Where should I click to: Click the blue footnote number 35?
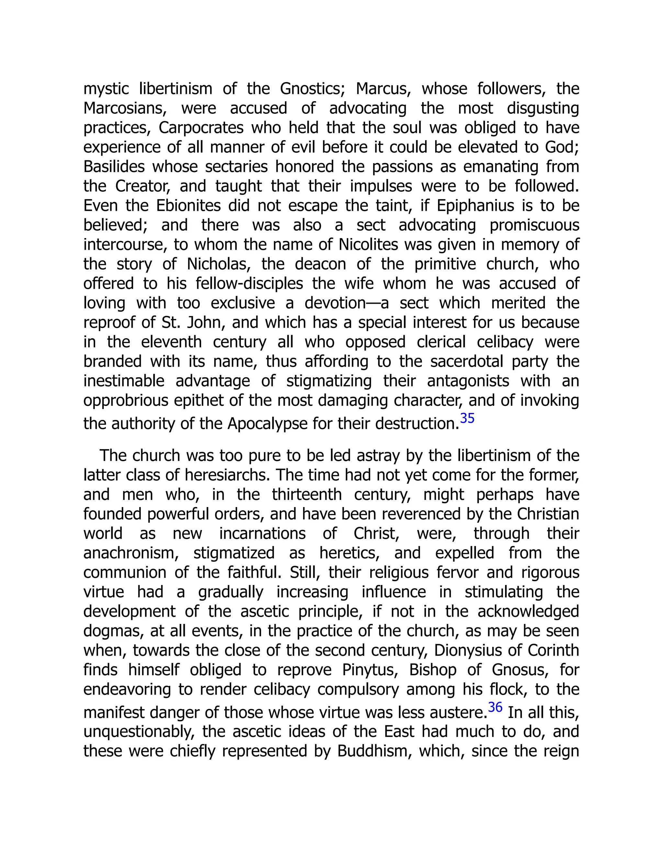pyautogui.click(x=467, y=418)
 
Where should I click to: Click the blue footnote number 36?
pyautogui.click(x=495, y=707)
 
